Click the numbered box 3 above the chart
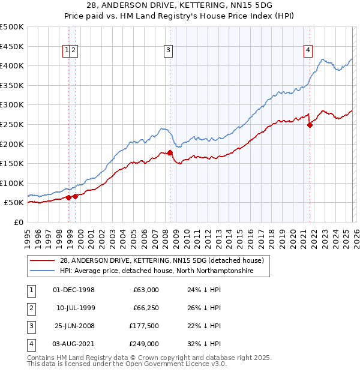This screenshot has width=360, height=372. tap(169, 51)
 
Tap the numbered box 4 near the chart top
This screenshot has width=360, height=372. tap(308, 51)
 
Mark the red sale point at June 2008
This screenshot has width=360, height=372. tap(170, 152)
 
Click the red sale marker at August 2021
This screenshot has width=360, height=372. tap(310, 125)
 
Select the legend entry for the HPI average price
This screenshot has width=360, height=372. tap(157, 271)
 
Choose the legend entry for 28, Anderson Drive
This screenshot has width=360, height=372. tap(161, 260)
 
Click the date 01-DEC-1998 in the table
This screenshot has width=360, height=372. tap(74, 290)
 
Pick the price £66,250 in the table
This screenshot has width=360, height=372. tap(146, 308)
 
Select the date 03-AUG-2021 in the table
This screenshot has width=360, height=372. tap(74, 344)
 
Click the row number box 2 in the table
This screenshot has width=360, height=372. tap(30, 308)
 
